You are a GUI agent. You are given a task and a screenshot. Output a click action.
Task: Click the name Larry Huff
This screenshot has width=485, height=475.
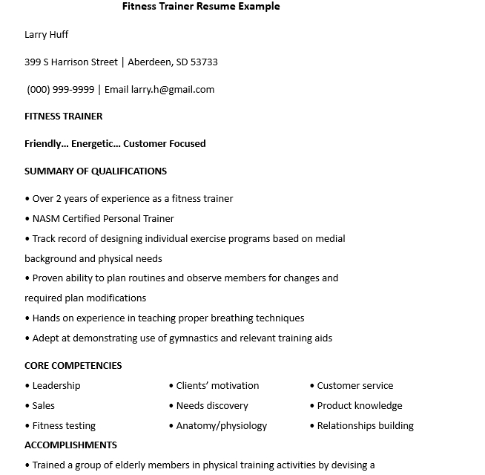tap(46, 35)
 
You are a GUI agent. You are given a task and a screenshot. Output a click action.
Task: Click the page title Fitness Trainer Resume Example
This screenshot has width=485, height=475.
tap(201, 7)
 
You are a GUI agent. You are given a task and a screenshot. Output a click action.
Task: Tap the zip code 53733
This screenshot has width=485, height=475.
tap(204, 62)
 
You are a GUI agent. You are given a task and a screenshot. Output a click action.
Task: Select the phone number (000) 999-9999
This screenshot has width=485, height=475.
tap(61, 90)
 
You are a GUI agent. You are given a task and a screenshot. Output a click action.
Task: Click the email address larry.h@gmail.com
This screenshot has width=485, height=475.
tap(173, 90)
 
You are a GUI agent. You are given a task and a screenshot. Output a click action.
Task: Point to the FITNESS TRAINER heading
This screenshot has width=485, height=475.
tap(64, 117)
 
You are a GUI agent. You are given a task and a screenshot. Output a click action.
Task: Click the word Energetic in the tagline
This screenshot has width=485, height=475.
tap(94, 144)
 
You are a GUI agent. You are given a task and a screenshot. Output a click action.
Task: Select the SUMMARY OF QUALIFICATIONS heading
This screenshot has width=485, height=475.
tap(96, 171)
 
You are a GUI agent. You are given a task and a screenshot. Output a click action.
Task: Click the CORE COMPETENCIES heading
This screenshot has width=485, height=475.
tap(73, 366)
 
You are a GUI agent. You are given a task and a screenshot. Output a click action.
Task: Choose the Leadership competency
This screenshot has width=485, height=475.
tap(56, 386)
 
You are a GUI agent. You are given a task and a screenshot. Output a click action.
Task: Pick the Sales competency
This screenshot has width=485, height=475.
tap(44, 406)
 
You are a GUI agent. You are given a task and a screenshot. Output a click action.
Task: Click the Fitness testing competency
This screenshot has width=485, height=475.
tap(64, 426)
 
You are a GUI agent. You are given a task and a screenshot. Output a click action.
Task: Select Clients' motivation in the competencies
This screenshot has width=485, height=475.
tap(218, 386)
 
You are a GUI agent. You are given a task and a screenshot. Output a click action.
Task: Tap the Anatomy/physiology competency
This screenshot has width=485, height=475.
tap(222, 426)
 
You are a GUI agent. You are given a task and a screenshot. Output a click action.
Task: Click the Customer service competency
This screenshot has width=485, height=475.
tap(355, 386)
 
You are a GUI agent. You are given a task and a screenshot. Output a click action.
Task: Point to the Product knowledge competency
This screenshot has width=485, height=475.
tap(360, 406)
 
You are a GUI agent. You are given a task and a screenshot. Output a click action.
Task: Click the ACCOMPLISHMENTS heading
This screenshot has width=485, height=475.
tap(71, 445)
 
